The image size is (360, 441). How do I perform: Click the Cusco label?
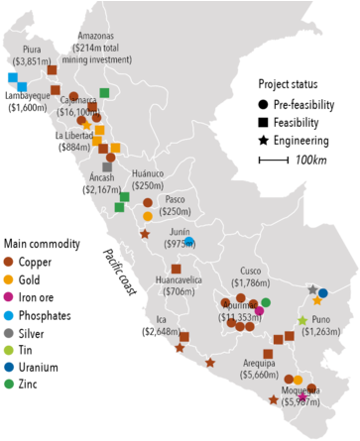tap(251, 271)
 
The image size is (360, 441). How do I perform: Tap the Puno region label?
tap(320, 320)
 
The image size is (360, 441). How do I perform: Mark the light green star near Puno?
tap(302, 320)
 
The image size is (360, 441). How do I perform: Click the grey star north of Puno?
tap(313, 289)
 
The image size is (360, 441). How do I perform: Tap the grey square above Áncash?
tap(106, 166)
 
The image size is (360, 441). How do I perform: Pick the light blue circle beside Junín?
tap(188, 241)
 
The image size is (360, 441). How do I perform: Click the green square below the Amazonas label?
tap(104, 93)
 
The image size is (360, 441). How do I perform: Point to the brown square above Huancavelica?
tap(176, 269)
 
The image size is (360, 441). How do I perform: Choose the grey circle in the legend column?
tap(9, 332)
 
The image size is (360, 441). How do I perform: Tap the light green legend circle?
tap(9, 350)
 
